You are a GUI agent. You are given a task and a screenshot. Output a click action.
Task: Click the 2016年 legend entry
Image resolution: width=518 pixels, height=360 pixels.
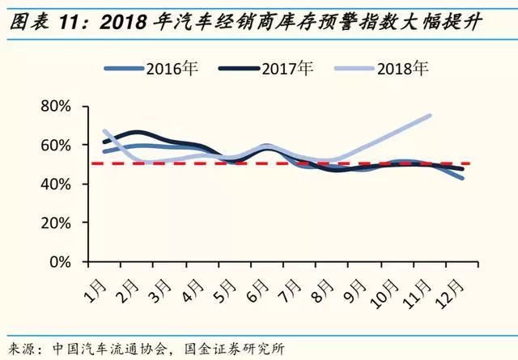(x=169, y=68)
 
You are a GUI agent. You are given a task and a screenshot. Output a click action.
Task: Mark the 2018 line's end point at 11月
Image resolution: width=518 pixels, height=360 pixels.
(x=431, y=116)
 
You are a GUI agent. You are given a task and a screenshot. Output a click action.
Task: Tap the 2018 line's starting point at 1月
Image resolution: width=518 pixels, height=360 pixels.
(x=104, y=130)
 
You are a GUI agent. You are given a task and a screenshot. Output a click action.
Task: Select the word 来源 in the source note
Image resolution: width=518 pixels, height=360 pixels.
(x=23, y=348)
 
